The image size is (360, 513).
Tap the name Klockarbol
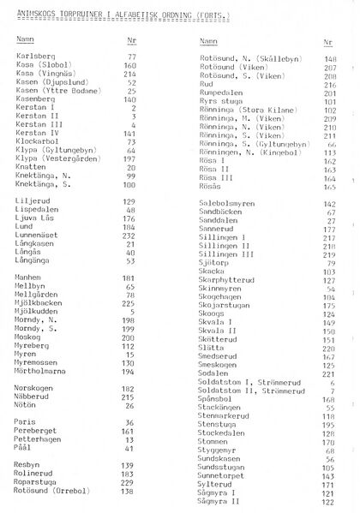pyautogui.click(x=37, y=141)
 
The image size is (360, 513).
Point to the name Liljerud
pyautogui.click(x=33, y=200)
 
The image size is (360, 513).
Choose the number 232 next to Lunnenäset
pyautogui.click(x=130, y=235)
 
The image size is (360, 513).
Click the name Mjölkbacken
pyautogui.click(x=40, y=302)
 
